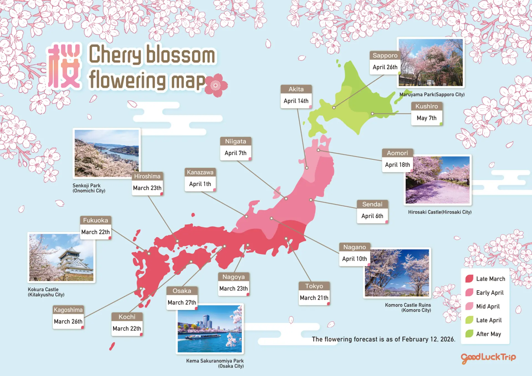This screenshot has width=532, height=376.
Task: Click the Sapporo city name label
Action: (x=385, y=55)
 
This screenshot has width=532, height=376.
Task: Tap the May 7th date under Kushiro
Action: (x=426, y=118)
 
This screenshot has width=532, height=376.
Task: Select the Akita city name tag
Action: (x=296, y=89)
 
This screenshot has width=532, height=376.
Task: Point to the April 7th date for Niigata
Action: (x=236, y=153)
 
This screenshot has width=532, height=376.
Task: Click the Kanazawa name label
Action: (x=200, y=172)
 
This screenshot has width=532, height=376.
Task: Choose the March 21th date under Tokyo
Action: (x=314, y=298)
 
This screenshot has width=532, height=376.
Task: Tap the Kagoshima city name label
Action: (x=68, y=310)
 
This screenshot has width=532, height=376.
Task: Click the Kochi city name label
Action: (x=127, y=317)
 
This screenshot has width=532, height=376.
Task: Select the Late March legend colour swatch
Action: (x=469, y=279)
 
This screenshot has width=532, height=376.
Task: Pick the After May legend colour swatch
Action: (x=469, y=334)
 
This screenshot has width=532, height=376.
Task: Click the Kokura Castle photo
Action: (x=61, y=257)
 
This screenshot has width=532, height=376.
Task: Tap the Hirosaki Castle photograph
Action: (x=438, y=180)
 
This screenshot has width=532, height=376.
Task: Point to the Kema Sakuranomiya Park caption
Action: (x=215, y=363)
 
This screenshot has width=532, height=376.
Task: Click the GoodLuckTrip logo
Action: (x=488, y=358)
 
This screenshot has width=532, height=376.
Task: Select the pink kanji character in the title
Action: (x=64, y=67)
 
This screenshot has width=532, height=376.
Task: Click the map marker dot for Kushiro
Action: (x=372, y=113)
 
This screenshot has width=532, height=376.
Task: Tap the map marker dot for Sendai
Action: (x=311, y=200)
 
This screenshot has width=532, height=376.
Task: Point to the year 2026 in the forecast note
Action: (x=447, y=339)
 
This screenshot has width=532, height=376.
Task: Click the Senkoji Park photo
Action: (x=107, y=153)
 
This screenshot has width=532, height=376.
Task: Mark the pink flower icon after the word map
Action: (x=216, y=85)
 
